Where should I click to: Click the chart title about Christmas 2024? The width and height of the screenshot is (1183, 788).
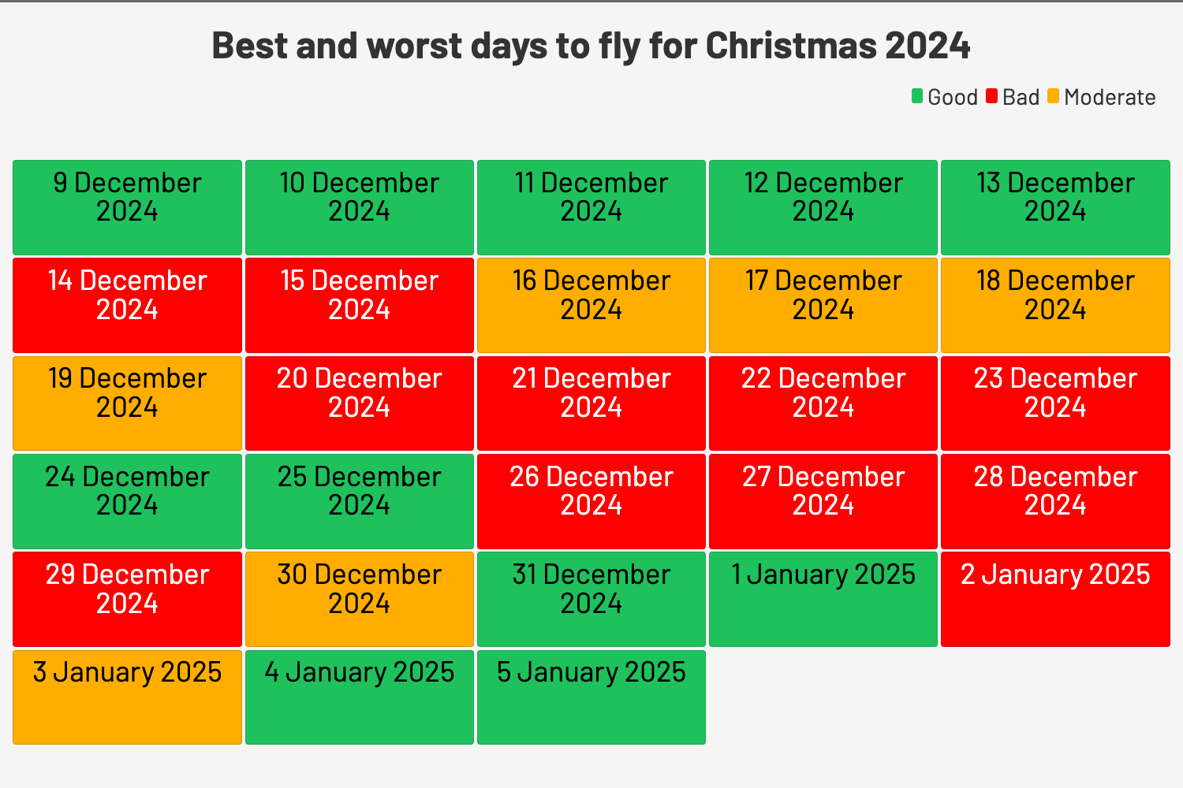coord(591,46)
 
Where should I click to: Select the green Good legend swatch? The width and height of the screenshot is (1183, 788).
coord(917,96)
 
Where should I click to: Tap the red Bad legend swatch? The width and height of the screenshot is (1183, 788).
coord(992,96)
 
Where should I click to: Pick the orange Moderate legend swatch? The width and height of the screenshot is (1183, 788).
coord(1054,96)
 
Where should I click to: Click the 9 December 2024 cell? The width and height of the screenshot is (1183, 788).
coord(127,207)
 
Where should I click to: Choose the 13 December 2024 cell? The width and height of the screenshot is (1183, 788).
coord(1055,207)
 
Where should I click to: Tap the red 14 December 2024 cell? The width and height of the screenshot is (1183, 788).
coord(127,305)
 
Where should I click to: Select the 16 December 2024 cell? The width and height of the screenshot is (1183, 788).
coord(591,305)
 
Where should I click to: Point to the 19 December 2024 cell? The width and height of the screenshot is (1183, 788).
coord(127,403)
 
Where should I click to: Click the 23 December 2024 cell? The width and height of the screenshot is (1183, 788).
coord(1055,403)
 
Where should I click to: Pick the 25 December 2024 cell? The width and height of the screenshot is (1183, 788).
coord(359,501)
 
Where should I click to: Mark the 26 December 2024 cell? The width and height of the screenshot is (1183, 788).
coord(591,501)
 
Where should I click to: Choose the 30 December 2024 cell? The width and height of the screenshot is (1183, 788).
coord(359,599)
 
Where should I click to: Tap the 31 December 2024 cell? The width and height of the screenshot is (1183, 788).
coord(591,599)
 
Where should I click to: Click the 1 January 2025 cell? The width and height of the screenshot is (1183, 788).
coord(823,599)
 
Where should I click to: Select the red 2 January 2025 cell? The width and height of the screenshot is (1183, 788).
coord(1055,599)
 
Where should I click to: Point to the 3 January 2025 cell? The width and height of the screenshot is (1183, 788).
coord(127,697)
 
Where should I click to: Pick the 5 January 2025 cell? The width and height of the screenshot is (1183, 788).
coord(591,697)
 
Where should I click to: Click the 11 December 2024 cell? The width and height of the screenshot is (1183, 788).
coord(591,207)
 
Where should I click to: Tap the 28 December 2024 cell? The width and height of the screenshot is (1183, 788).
coord(1055,501)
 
